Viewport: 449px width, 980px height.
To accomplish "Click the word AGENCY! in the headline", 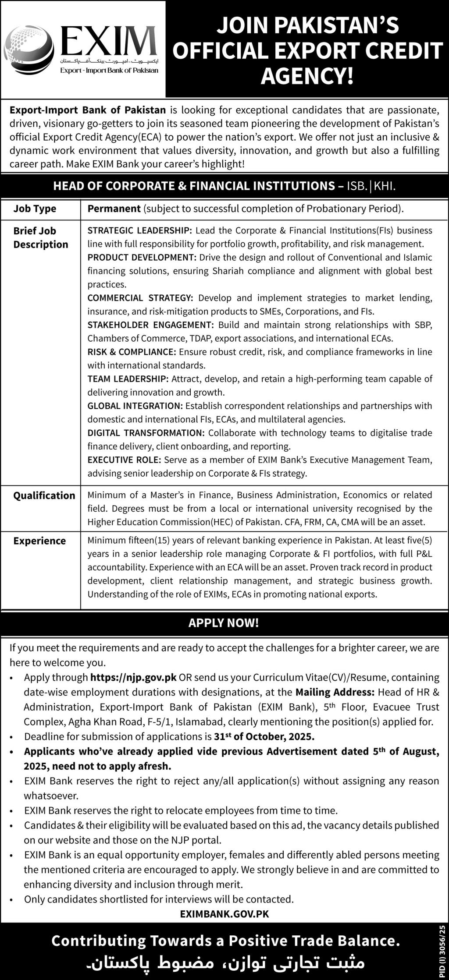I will click(307, 76).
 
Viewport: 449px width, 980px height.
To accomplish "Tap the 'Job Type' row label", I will click(35, 209).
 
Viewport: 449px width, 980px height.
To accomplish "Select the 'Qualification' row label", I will click(44, 495).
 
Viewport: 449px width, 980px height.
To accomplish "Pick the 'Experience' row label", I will click(39, 541).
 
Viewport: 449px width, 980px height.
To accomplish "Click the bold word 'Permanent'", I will click(114, 209).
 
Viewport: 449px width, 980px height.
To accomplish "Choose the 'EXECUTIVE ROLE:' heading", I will click(125, 460).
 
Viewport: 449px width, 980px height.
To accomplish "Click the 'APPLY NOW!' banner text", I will click(224, 623).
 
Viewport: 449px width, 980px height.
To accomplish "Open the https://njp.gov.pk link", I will click(133, 677).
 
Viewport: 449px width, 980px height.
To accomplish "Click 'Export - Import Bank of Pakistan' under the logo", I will click(110, 71).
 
